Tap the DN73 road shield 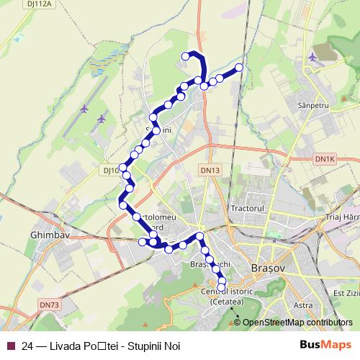(48, 305)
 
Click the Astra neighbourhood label (303, 305)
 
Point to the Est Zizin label (345, 294)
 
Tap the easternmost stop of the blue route (239, 68)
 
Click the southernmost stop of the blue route (222, 287)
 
